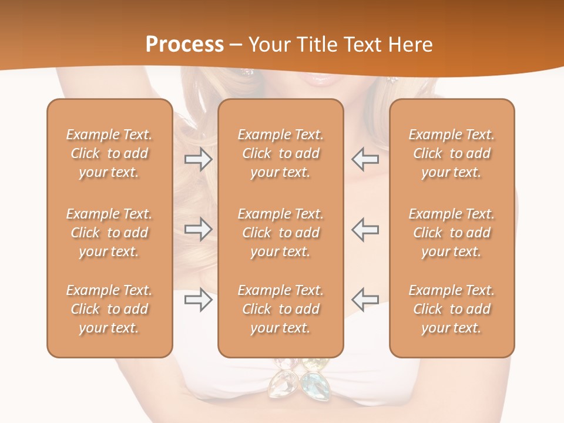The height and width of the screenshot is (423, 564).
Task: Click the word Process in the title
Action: tap(184, 44)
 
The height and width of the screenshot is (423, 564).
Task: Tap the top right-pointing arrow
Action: tap(198, 159)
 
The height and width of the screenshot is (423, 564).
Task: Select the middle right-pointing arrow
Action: tap(198, 229)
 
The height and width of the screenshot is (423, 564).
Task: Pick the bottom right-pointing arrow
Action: tap(198, 300)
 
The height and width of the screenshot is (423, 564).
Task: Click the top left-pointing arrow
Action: tap(365, 159)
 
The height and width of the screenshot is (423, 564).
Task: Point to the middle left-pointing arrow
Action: tap(365, 229)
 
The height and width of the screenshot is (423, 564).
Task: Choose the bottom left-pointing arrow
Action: tap(365, 300)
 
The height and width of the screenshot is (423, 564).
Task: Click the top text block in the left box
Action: tap(109, 153)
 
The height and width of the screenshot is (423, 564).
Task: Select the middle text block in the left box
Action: tap(109, 233)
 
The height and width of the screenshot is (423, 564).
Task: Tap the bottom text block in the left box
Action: tap(109, 309)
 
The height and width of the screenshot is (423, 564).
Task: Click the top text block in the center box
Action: tap(280, 153)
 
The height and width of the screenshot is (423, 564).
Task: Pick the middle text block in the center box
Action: tap(280, 233)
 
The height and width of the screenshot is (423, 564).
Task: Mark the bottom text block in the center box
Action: tap(280, 309)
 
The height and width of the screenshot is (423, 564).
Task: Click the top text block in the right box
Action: tap(451, 153)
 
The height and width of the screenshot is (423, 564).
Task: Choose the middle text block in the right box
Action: tap(451, 233)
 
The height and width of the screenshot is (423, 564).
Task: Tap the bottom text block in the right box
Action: tap(451, 309)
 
